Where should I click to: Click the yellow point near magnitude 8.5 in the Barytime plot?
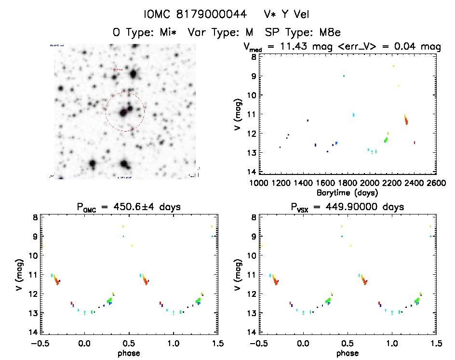point(393,66)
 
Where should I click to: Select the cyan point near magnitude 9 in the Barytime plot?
point(344,76)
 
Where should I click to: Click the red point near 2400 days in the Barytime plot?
point(415,142)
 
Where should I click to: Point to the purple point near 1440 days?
point(308,120)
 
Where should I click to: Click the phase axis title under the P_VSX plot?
point(348,352)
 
